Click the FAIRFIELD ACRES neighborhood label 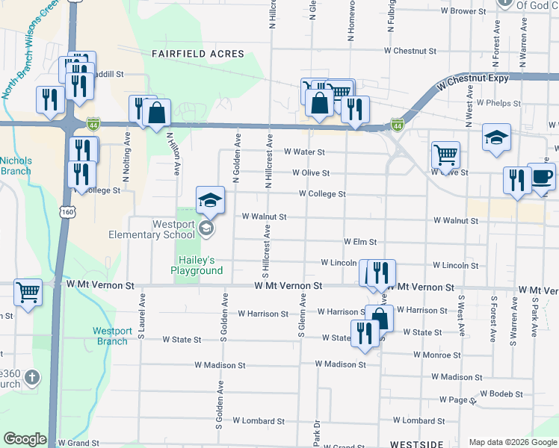198,54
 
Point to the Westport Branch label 112,336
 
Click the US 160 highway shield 68,213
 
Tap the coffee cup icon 542,178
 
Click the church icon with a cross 31,378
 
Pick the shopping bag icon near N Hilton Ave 157,113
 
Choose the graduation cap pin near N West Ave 496,137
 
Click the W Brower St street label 463,11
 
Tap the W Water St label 304,152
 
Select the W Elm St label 359,242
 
